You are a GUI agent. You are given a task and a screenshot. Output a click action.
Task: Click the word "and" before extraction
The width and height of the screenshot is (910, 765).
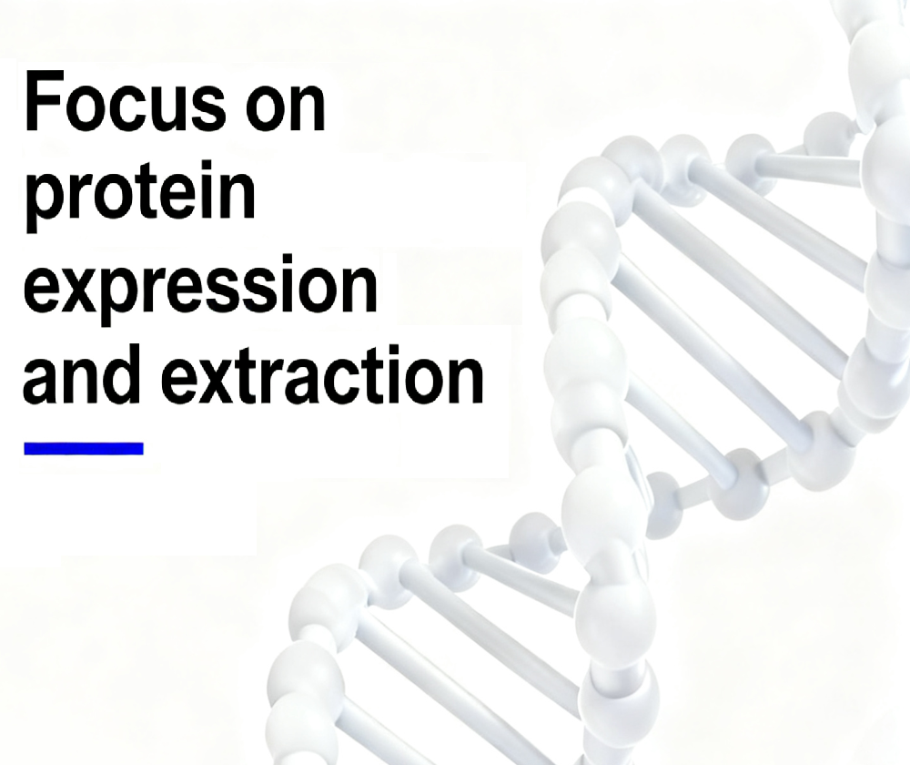pos(81,372)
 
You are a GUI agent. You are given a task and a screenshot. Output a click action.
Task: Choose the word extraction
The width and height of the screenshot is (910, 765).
pos(321,374)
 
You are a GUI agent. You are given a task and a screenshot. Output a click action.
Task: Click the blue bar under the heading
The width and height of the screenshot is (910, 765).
pos(84,448)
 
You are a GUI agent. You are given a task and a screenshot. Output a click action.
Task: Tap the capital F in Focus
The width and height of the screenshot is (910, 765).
pos(43,100)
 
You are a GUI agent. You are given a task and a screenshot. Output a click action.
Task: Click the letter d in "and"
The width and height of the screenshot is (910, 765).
pos(121,372)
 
